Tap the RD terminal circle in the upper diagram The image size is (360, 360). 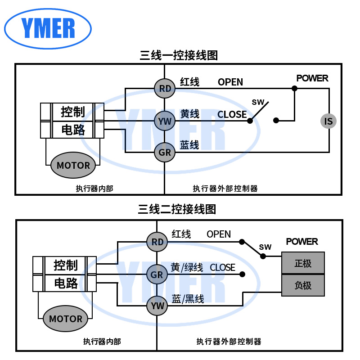(165, 89)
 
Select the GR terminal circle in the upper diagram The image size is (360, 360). (165, 153)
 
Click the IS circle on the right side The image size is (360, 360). (328, 121)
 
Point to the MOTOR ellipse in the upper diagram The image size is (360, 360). (73, 165)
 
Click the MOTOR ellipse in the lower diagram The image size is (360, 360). (66, 319)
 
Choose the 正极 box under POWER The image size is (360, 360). (303, 263)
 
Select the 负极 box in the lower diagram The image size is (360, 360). (303, 285)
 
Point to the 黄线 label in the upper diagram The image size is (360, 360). (189, 114)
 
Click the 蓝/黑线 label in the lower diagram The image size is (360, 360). (188, 299)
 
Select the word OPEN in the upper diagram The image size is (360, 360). (230, 82)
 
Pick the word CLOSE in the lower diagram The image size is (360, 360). (222, 268)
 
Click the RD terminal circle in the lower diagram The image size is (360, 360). (157, 242)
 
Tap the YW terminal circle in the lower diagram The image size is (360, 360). (157, 306)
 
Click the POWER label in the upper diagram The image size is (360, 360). (312, 78)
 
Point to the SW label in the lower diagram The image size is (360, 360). (265, 247)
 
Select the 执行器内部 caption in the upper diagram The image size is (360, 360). (94, 189)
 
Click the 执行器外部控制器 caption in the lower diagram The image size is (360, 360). (229, 342)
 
